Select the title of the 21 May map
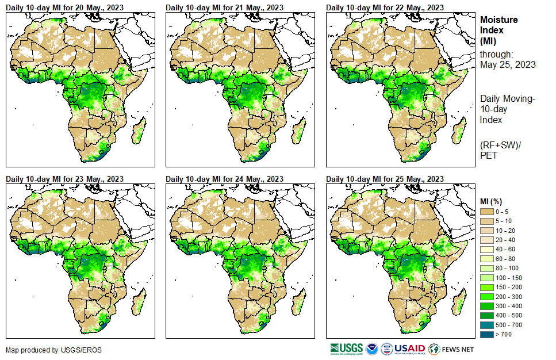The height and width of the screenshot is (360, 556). (224, 7)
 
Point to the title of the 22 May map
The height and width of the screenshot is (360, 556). (385, 7)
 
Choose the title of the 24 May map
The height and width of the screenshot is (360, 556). (224, 179)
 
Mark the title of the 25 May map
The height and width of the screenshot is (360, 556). (385, 179)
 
